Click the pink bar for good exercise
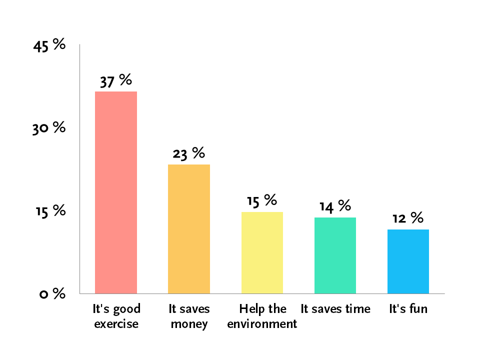click(x=116, y=192)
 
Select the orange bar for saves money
click(x=189, y=229)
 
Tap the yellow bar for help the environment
click(x=262, y=253)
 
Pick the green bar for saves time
click(x=335, y=255)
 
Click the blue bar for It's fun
click(x=408, y=261)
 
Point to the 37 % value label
click(x=116, y=81)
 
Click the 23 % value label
click(x=189, y=153)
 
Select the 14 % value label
click(x=335, y=206)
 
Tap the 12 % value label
click(x=408, y=217)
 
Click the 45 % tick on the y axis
click(x=49, y=45)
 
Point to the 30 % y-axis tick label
click(x=49, y=128)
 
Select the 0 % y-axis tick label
click(x=52, y=293)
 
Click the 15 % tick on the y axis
click(x=50, y=211)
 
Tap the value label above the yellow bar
click(x=262, y=200)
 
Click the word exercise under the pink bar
click(x=116, y=324)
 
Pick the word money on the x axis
click(x=189, y=324)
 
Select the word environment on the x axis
click(x=262, y=324)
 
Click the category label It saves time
click(x=335, y=309)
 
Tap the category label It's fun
click(x=408, y=308)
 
